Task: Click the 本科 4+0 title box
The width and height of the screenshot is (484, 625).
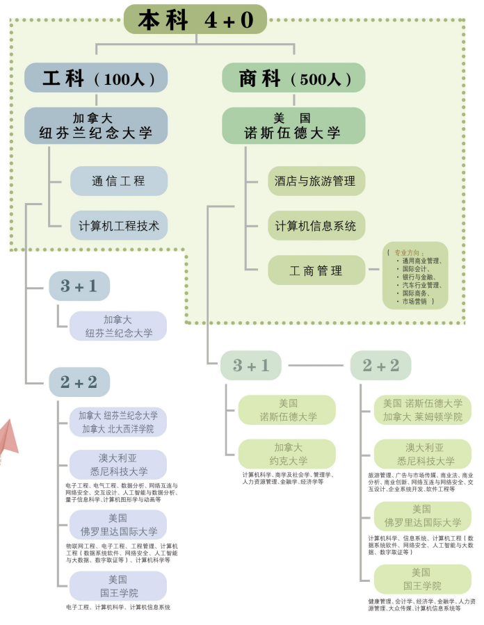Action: coord(195,19)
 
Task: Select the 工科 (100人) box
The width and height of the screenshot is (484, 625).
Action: coord(96,78)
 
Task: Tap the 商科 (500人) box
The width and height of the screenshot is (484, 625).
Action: coord(293,78)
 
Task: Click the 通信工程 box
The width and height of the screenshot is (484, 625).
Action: coord(119,181)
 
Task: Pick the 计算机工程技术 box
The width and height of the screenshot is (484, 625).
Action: coord(119,226)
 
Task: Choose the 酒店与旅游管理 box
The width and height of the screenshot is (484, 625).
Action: coord(316,181)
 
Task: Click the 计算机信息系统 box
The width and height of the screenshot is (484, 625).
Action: coord(316,226)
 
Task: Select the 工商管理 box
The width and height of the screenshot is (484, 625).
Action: coord(316,270)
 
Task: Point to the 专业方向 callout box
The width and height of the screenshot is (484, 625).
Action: coord(416,276)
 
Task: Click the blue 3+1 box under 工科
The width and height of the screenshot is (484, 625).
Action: coord(79,286)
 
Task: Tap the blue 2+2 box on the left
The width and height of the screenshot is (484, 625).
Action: coord(79,382)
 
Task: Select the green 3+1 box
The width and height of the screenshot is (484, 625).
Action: coord(251,366)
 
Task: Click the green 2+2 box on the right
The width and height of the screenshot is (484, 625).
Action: coord(380,366)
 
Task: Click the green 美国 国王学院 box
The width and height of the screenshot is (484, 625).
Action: coord(422,579)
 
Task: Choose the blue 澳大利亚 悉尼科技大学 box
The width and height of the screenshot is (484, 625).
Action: coord(118,464)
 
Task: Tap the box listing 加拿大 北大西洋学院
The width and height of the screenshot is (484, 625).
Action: coord(118,422)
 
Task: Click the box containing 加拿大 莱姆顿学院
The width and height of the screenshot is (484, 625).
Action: coord(422,410)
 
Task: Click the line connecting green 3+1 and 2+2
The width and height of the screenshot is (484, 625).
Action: coord(316,366)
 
